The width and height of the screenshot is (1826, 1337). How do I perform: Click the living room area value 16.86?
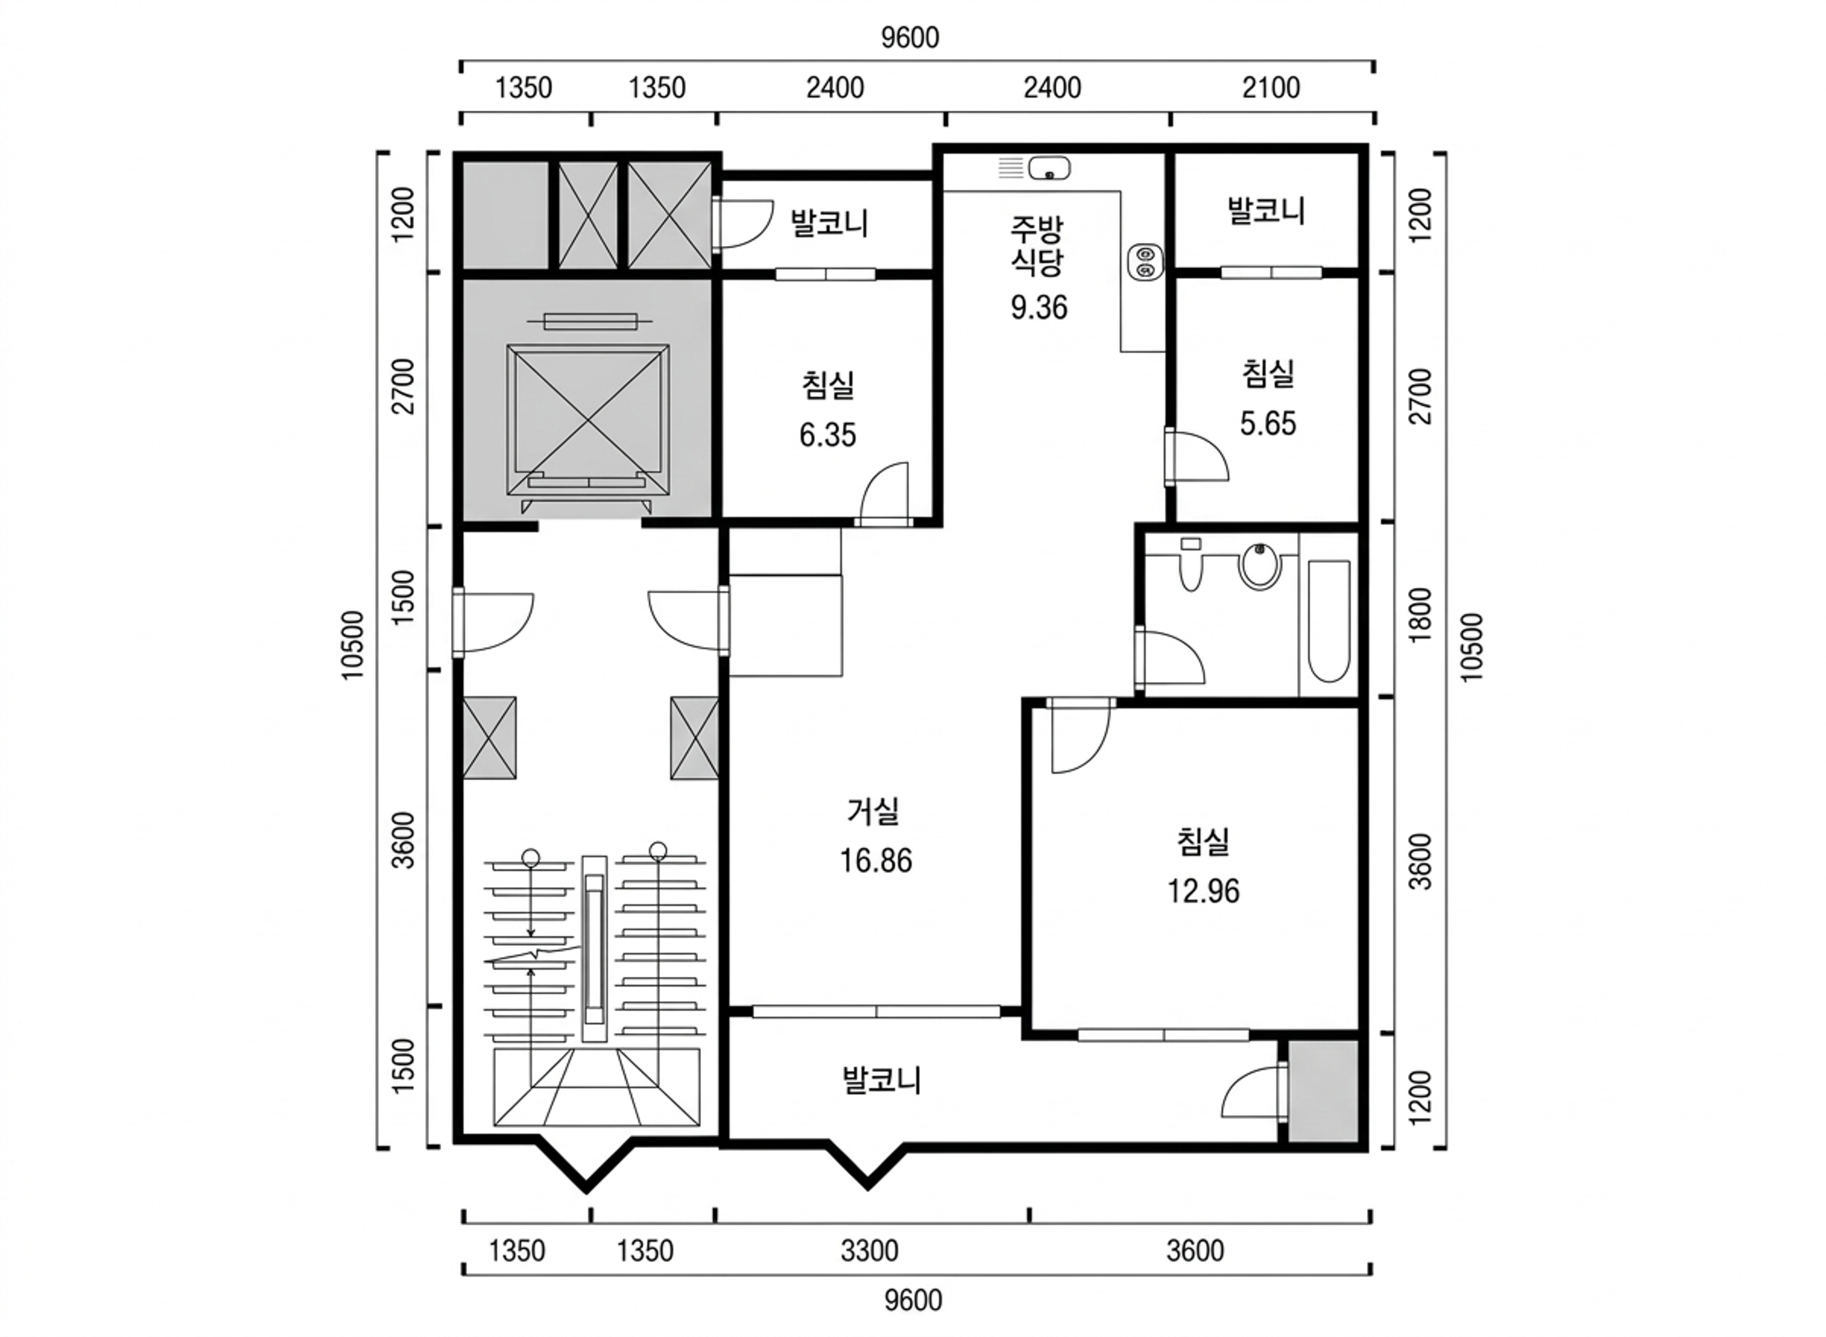click(875, 860)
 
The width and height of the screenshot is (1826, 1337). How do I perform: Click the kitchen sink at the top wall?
click(1049, 168)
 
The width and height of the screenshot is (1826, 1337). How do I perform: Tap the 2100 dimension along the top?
click(1271, 88)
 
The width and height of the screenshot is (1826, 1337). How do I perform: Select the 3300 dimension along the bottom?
click(870, 1251)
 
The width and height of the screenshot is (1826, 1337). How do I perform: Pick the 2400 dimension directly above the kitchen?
click(1052, 88)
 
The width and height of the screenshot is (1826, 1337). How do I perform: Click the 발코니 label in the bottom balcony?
click(882, 1081)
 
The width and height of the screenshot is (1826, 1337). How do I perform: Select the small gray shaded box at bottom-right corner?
click(1323, 1091)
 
